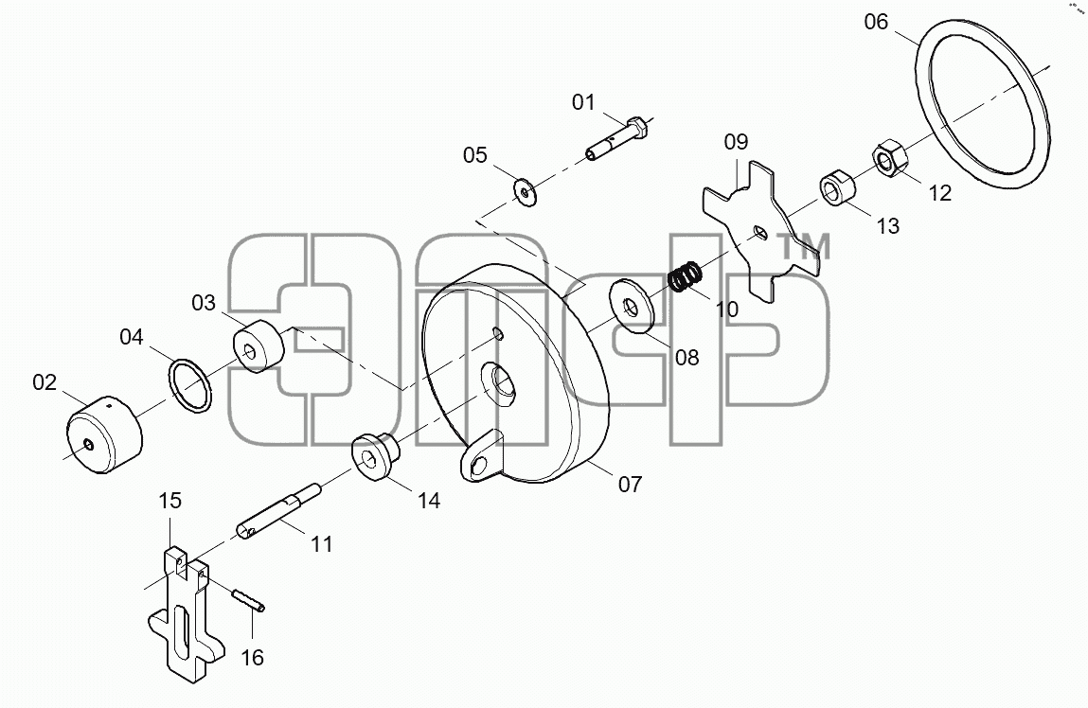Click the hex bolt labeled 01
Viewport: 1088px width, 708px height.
pos(617,139)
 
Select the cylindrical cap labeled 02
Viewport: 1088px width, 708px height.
pos(104,434)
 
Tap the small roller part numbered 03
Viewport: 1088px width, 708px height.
pos(258,346)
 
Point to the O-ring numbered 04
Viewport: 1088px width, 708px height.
pos(189,385)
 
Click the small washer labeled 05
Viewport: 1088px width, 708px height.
pos(525,190)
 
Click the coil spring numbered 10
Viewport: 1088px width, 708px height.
pos(686,275)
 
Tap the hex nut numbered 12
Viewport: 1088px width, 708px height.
pos(889,160)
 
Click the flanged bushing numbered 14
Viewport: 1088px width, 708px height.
pos(378,455)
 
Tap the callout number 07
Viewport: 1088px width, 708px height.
pos(630,484)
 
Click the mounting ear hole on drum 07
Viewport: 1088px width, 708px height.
pos(477,466)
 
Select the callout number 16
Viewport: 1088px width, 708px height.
pos(253,657)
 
